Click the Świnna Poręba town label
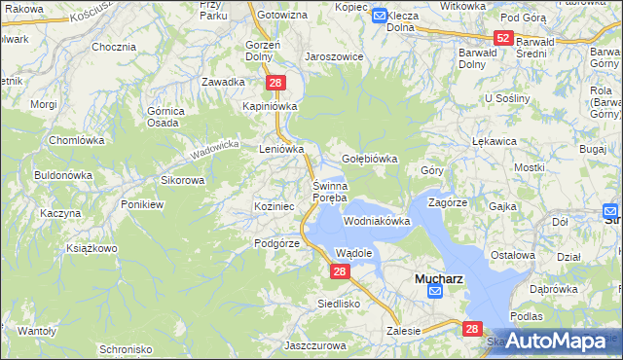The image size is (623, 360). [329, 192]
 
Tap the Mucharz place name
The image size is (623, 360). [438, 277]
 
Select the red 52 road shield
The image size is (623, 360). [502, 38]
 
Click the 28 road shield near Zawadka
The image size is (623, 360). [275, 84]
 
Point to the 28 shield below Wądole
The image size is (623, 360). [339, 272]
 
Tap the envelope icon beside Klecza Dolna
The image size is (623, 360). [379, 16]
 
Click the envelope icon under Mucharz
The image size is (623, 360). [435, 292]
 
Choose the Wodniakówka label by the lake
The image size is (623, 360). [377, 222]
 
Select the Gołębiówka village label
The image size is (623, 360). [371, 159]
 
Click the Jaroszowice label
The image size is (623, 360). [334, 56]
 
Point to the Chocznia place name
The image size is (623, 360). [113, 47]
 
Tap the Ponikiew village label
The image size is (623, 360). [142, 204]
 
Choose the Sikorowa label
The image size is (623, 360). [182, 180]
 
